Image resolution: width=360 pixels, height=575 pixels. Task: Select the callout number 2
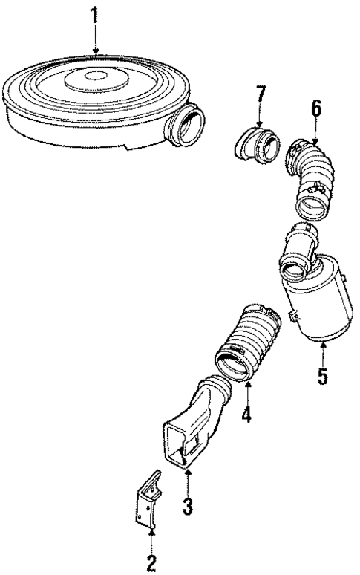[x=151, y=561]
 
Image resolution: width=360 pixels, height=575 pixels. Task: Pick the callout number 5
[x=321, y=374]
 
